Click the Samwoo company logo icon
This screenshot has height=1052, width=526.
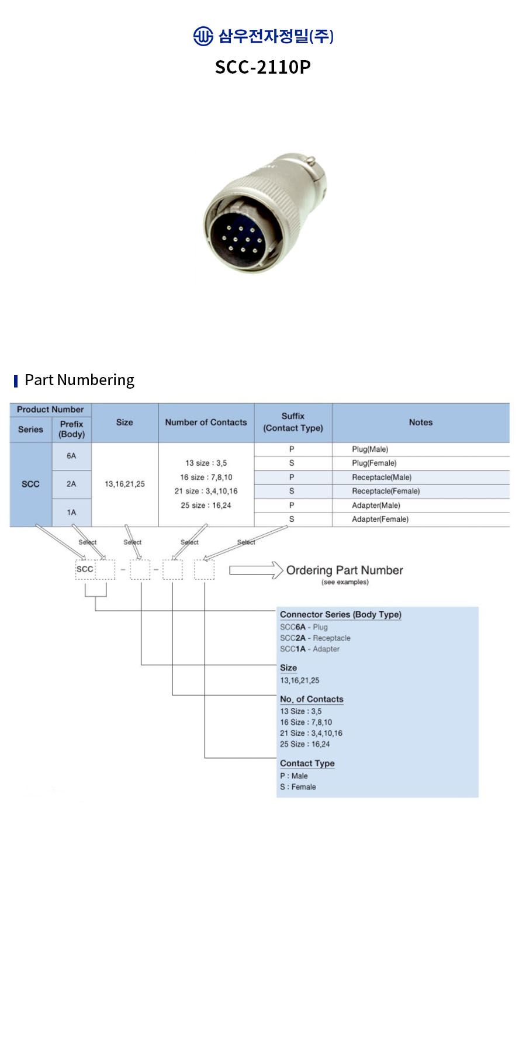[203, 36]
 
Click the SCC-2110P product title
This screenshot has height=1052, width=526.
[263, 67]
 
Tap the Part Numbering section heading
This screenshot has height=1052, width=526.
[79, 380]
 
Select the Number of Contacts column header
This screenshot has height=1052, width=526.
[206, 422]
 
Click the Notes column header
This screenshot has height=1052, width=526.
[421, 422]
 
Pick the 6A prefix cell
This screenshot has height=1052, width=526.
[71, 456]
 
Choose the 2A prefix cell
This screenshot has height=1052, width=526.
[71, 484]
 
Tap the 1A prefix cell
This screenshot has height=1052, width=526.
[71, 513]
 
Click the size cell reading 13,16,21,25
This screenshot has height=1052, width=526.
[124, 484]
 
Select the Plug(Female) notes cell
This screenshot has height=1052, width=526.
[374, 463]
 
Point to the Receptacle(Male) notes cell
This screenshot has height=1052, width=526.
[382, 477]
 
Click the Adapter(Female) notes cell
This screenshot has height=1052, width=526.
[380, 519]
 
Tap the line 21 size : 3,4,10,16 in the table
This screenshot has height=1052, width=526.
[206, 491]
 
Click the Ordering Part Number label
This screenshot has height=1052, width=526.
[344, 570]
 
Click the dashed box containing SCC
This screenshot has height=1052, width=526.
[85, 569]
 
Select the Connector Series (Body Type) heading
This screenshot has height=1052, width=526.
[340, 614]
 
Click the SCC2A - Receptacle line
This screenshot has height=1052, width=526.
[315, 638]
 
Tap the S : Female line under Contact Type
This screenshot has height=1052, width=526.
[297, 787]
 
